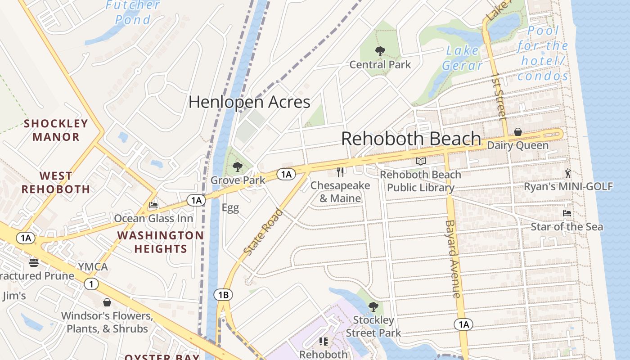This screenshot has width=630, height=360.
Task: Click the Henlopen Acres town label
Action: (x=249, y=102)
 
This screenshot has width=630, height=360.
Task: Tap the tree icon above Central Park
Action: (x=380, y=51)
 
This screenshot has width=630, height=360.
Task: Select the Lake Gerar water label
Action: (x=462, y=58)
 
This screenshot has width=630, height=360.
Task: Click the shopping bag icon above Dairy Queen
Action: (x=518, y=132)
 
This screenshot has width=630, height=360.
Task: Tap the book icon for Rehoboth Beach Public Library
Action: (x=421, y=161)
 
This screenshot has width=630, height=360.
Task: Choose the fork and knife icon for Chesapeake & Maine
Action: (x=341, y=172)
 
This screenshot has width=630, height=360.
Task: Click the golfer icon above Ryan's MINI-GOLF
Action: (x=568, y=173)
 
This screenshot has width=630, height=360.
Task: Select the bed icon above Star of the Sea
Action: (x=567, y=213)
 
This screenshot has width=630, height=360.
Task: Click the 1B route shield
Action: (x=223, y=295)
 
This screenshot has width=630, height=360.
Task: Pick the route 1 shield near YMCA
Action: (x=91, y=284)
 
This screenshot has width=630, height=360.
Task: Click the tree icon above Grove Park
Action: (x=238, y=167)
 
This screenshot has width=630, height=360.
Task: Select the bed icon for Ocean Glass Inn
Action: (x=153, y=206)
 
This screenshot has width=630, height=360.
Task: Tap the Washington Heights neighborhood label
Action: (x=160, y=242)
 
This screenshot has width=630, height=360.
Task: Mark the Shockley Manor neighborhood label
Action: (x=56, y=130)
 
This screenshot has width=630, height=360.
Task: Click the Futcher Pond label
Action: (x=133, y=12)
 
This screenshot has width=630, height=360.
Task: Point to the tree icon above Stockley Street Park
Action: (x=373, y=307)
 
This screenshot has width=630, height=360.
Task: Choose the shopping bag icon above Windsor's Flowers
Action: (x=107, y=302)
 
